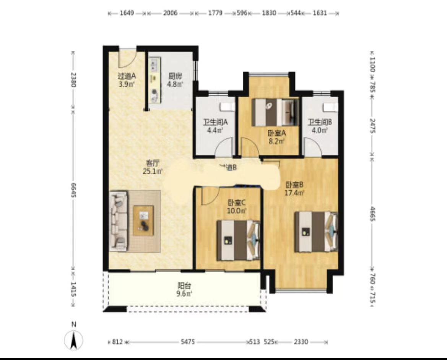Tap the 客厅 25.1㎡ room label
pos(153,167)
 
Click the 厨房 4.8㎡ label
pos(175,80)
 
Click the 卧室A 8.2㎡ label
pos(277,137)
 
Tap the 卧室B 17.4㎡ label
pos(294,189)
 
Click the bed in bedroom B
pos(316,232)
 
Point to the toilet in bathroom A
pos(228,106)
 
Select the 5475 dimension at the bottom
pos(189,342)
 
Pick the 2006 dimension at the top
pos(170,13)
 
